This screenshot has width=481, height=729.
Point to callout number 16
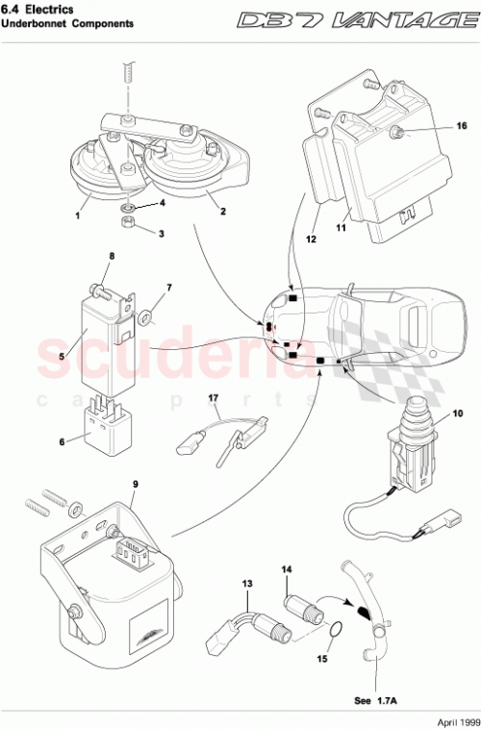coord(434,126)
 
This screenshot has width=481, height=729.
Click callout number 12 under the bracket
coord(311,237)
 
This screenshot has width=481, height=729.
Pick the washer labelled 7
coord(143,316)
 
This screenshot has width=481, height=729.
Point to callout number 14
coord(285,570)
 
